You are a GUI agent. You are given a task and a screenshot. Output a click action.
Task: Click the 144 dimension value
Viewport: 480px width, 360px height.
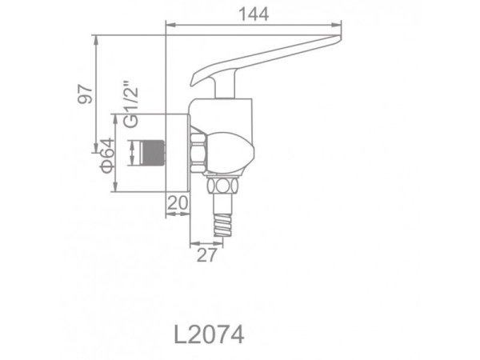pos(254,14)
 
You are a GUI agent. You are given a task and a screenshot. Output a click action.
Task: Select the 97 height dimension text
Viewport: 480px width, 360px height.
pos(86,94)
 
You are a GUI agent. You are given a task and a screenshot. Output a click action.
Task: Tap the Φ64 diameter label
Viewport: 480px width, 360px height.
pos(107,155)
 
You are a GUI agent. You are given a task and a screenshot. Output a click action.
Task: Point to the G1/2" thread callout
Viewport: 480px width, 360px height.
pos(132,104)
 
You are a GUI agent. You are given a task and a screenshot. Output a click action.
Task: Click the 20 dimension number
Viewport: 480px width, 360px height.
pos(178,202)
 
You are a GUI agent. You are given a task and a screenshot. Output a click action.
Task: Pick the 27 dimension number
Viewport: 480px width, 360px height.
pos(206,255)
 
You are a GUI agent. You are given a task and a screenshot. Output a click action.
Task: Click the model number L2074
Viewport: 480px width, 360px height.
pos(209,334)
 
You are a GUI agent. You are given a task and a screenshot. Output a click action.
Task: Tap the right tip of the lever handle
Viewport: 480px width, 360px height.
pos(340,38)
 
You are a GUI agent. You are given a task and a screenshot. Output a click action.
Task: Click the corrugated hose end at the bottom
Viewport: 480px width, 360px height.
pos(223,225)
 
